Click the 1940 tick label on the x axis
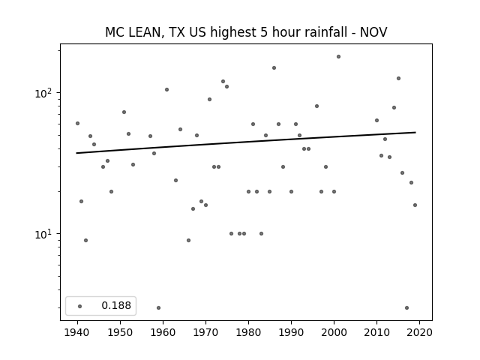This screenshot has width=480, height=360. tap(77, 332)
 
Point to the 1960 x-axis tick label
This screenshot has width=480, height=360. tap(163, 332)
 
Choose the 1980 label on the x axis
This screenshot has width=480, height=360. tap(248, 332)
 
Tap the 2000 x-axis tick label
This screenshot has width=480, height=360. tap(334, 332)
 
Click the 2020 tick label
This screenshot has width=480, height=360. tap(419, 332)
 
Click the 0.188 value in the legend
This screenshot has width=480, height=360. tap(116, 305)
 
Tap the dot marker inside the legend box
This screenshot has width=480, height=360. tap(80, 306)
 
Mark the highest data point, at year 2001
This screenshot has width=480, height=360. tap(338, 57)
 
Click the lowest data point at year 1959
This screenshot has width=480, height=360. tap(158, 307)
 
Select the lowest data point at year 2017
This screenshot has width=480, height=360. tap(406, 307)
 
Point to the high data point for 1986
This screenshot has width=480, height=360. tap(274, 68)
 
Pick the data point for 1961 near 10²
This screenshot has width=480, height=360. tap(166, 90)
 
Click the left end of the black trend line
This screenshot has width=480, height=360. tap(76, 153)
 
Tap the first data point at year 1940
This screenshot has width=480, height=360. tap(77, 123)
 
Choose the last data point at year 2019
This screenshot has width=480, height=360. tap(415, 205)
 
